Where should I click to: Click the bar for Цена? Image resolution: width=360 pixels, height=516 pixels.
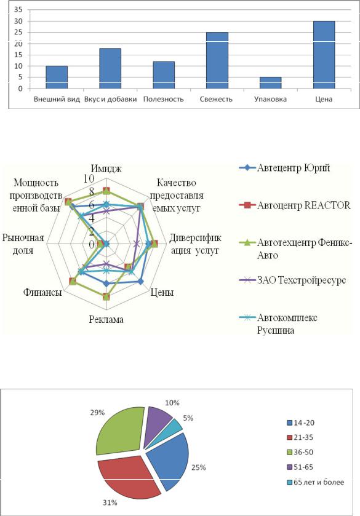click(324, 55)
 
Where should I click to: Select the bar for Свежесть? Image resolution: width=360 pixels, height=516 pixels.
click(217, 60)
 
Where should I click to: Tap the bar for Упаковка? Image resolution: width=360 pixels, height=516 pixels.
click(270, 83)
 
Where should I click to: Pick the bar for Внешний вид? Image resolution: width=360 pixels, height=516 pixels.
click(57, 77)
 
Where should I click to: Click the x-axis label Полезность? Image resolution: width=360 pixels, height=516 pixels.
click(163, 99)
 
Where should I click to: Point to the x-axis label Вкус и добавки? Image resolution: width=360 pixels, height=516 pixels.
click(110, 99)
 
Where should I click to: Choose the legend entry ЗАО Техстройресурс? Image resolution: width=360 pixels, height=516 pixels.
click(292, 280)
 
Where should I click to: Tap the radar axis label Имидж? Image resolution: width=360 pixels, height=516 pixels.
click(106, 169)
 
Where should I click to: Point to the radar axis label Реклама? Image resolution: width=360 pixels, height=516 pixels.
click(106, 319)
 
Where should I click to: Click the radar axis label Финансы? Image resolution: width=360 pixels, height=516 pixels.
click(42, 292)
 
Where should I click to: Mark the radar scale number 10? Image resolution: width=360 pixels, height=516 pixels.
click(89, 179)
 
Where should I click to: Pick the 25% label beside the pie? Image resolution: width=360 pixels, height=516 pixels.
click(198, 467)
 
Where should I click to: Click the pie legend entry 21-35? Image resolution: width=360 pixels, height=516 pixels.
click(300, 437)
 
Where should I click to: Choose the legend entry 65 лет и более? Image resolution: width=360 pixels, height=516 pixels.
click(315, 482)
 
